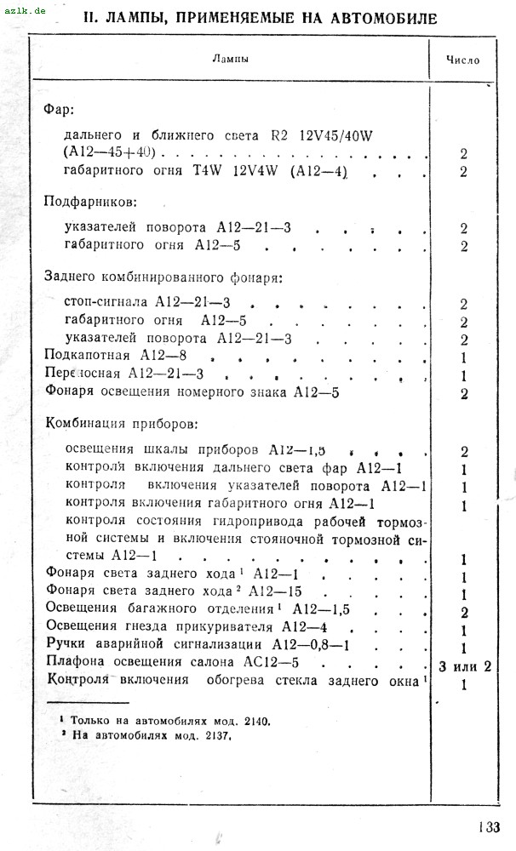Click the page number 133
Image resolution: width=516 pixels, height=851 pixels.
coord(489,826)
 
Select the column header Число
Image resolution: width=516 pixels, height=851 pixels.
coord(463,60)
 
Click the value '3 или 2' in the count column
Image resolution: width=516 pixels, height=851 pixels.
coord(465,665)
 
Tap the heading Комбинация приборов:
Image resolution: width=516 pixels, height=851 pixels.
coord(120,423)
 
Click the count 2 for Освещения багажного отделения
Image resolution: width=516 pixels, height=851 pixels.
coord(464,613)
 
